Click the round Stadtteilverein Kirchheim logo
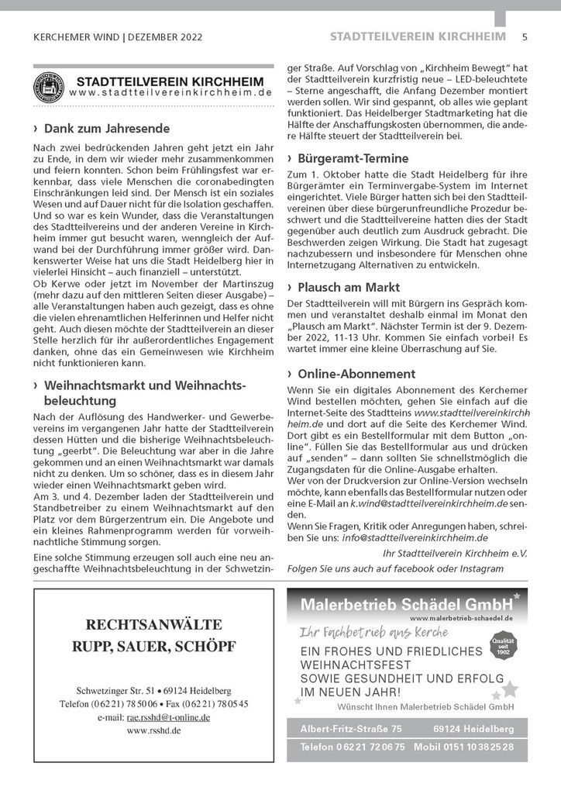[49, 87]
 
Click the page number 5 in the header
[525, 36]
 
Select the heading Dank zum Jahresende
[107, 128]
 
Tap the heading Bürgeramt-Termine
[353, 158]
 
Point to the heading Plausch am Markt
[349, 287]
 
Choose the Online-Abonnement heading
[356, 374]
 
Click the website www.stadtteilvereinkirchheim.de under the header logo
[170, 92]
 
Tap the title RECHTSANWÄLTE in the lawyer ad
[153, 624]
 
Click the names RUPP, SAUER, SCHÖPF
[153, 646]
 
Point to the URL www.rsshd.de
[153, 730]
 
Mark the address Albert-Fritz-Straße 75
[351, 729]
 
